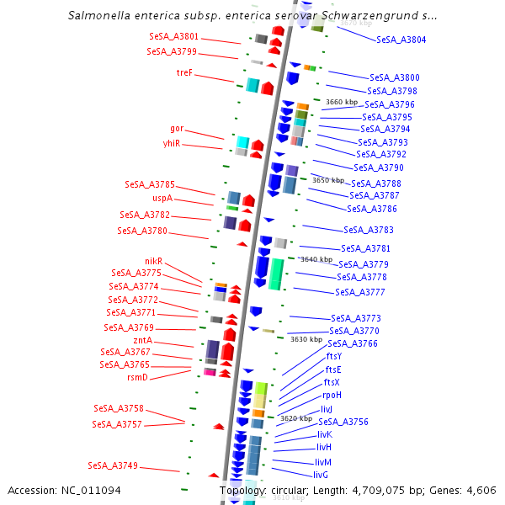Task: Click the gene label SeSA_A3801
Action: [x=174, y=37]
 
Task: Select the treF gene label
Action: [x=184, y=72]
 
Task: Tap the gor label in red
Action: [x=177, y=129]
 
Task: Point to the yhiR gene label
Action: [x=172, y=144]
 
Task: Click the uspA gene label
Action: [x=162, y=199]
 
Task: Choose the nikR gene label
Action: [x=153, y=261]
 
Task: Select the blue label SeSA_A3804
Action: [x=401, y=40]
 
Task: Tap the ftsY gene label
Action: [x=334, y=356]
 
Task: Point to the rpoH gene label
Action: [x=332, y=395]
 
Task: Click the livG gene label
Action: [x=321, y=475]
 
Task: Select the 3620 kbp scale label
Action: [x=295, y=418]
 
